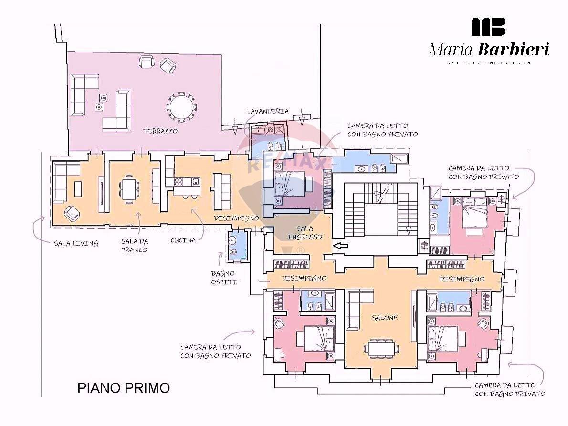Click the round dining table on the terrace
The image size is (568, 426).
click(180, 106)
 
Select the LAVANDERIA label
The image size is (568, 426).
click(267, 111)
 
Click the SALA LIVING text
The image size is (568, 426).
click(76, 243)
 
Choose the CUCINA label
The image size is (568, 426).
click(183, 240)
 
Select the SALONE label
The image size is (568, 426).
click(385, 318)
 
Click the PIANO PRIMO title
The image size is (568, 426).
click(124, 388)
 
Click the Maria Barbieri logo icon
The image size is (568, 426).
click(488, 27)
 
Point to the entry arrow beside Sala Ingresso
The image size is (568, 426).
click(341, 246)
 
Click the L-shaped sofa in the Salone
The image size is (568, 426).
click(356, 310)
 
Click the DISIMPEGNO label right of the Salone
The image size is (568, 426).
click(462, 279)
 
